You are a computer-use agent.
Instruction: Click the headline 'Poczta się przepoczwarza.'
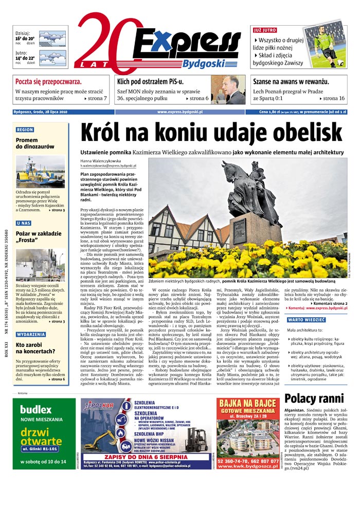(x=48, y=82)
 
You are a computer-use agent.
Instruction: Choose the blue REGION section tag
(x=25, y=130)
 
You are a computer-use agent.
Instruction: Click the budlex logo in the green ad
(x=35, y=410)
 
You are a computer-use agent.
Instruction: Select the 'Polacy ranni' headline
(x=314, y=398)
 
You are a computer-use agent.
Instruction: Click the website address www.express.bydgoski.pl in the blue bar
(x=179, y=112)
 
